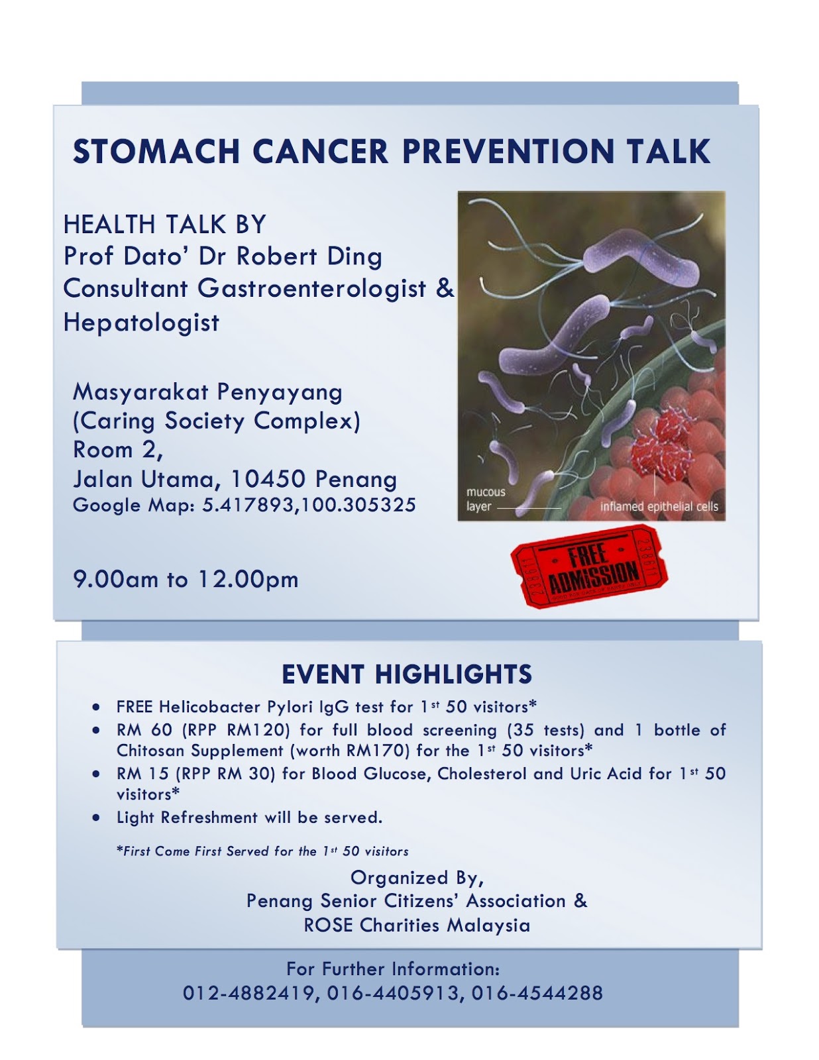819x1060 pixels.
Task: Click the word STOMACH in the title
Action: [x=156, y=152]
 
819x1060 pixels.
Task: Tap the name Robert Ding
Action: [x=309, y=256]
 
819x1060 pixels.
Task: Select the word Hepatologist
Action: [x=141, y=323]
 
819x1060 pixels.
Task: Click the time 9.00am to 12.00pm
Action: [x=186, y=580]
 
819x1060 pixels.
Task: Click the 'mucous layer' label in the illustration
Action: [x=486, y=499]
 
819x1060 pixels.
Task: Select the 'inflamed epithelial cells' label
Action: [x=659, y=507]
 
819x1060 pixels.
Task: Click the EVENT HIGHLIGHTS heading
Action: [x=407, y=674]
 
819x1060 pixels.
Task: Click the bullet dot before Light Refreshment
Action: [x=97, y=818]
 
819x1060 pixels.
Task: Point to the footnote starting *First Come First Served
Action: [x=262, y=851]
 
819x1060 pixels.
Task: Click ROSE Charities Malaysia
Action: [x=417, y=926]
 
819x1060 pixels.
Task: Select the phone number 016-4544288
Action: [x=537, y=993]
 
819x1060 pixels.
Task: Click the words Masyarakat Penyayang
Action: [x=207, y=392]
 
